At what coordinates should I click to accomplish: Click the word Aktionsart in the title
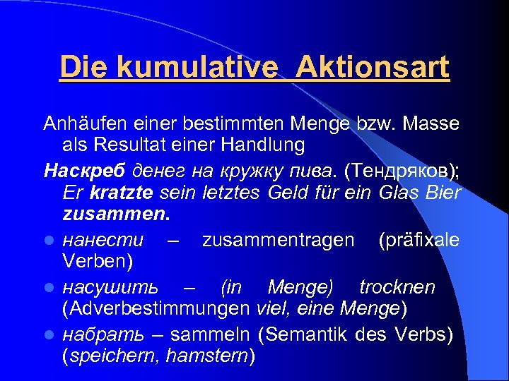pyautogui.click(x=373, y=68)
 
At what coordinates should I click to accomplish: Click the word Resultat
pyautogui.click(x=125, y=146)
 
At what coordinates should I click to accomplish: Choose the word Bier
pyautogui.click(x=443, y=193)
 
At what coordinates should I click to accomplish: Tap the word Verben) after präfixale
pyautogui.click(x=93, y=262)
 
